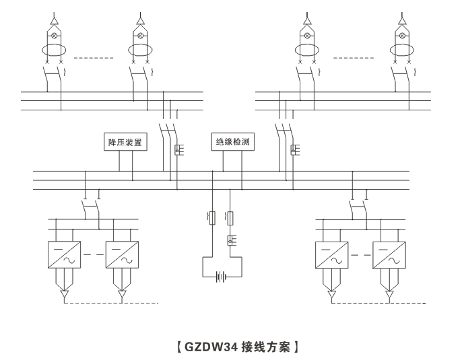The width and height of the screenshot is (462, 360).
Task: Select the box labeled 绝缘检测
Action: coord(230,143)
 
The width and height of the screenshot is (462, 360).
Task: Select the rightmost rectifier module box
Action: coord(389,255)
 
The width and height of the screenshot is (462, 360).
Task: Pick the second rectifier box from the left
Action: coord(121,255)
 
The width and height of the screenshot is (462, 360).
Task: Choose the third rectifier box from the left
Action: coord(331,255)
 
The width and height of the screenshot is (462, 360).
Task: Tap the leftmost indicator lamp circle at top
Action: coord(55,35)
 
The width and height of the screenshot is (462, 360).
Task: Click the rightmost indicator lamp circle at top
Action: coord(402,35)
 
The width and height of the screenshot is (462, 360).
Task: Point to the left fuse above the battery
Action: coord(213,217)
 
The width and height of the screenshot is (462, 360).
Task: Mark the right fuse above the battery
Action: coord(231,217)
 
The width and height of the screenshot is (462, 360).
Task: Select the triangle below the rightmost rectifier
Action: coord(389,295)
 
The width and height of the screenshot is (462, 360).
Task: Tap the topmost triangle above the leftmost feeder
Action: coord(55,21)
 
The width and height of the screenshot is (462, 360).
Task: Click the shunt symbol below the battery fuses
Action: coord(231,239)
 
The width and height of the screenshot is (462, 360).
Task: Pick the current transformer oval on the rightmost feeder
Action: coord(402,50)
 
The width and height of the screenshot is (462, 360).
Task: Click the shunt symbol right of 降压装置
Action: coord(178,150)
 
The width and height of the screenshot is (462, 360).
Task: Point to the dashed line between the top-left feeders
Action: coord(94,59)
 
